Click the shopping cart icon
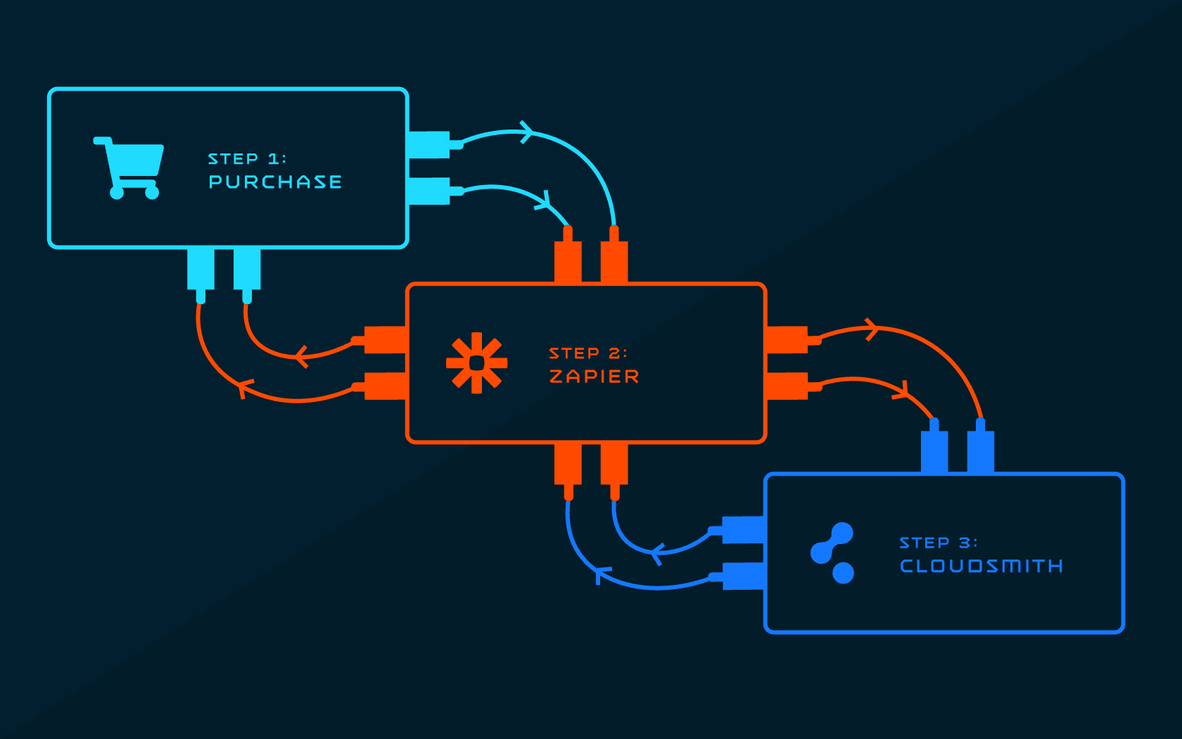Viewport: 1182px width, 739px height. coord(129,168)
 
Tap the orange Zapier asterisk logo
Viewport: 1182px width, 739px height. coord(476,363)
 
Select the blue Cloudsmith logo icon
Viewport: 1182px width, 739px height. coord(832,552)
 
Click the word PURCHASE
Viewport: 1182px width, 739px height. coord(275,182)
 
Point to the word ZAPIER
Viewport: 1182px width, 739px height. coord(594,377)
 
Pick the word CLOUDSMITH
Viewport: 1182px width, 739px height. coord(981,567)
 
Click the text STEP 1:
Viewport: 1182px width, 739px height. coord(247,158)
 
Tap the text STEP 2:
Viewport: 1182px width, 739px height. coord(588,353)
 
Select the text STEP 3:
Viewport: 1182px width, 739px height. coord(939,543)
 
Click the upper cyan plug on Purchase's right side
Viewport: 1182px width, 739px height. coord(436,145)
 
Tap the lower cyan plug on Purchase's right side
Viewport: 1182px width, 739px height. coord(436,191)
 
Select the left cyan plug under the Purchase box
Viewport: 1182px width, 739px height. coord(201,276)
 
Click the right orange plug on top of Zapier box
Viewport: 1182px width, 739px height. coord(614,255)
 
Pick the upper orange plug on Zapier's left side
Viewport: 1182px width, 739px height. coord(379,340)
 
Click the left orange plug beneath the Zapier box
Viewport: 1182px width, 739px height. coord(568,472)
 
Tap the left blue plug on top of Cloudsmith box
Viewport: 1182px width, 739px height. coord(934,446)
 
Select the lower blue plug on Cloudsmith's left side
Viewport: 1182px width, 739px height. coord(737,576)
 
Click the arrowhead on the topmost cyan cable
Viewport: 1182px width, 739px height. coord(526,132)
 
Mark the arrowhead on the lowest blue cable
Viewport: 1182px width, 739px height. coord(602,574)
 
